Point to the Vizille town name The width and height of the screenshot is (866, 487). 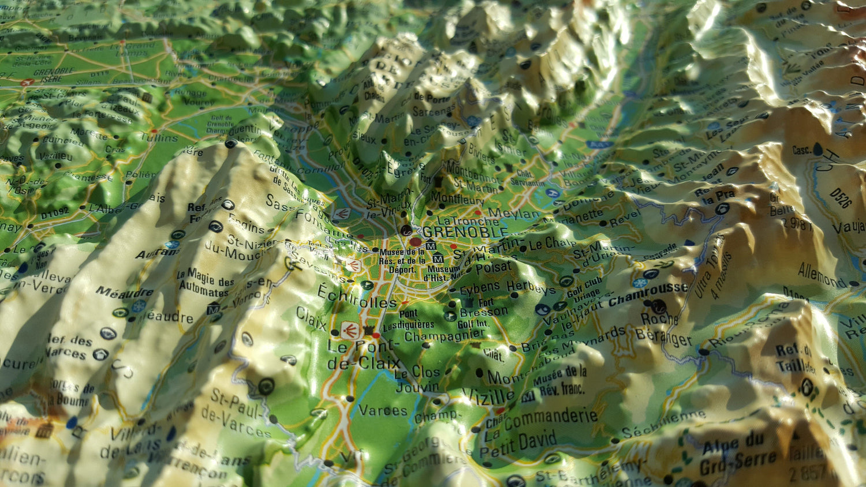click(488, 396)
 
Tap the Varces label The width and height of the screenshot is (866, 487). click(383, 411)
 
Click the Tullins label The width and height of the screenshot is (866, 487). click(159, 137)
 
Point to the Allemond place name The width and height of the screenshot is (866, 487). click(822, 275)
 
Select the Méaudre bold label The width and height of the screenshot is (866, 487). click(124, 292)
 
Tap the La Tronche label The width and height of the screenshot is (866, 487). click(460, 221)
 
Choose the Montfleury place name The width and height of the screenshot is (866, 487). click(457, 198)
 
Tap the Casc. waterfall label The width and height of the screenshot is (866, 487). click(801, 151)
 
